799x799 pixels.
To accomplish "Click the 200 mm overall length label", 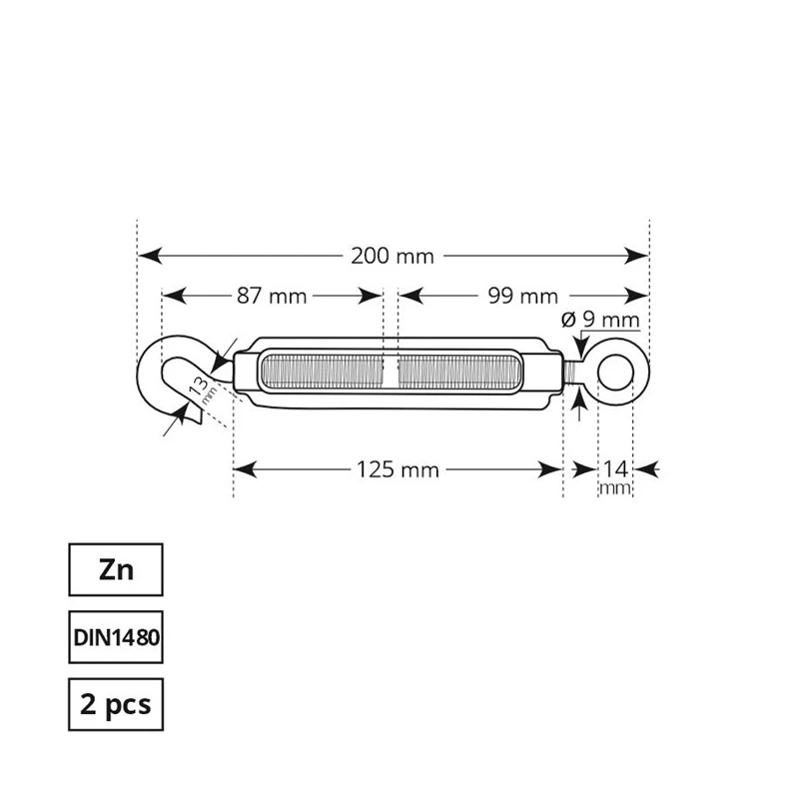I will [x=393, y=256].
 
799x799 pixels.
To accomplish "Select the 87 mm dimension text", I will [x=272, y=296].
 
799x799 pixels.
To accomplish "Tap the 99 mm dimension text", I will [x=523, y=296].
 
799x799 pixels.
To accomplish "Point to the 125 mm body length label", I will [x=397, y=468].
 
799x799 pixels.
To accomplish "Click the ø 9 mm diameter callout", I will [x=599, y=321].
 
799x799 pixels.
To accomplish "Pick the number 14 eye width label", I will [x=614, y=467].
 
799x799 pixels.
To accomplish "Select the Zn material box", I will [x=114, y=571].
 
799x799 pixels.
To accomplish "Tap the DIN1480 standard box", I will [x=114, y=638].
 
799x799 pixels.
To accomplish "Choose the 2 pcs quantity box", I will [x=114, y=705].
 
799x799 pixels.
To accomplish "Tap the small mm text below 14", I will [x=614, y=488].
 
